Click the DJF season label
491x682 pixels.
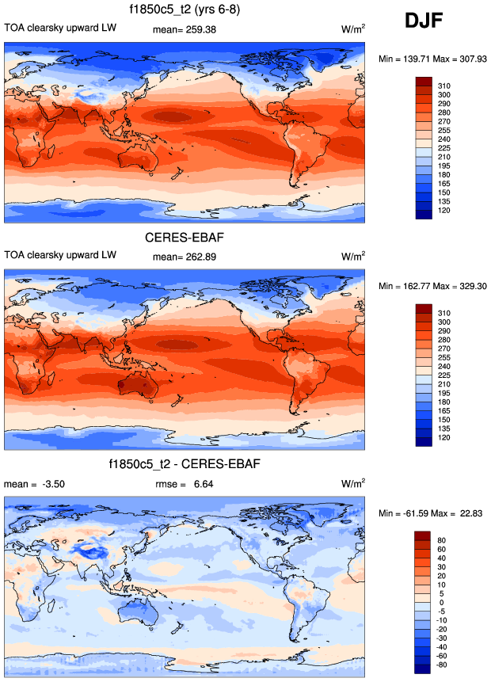click(428, 21)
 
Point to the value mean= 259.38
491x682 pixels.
click(184, 30)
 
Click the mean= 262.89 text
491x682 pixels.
click(184, 257)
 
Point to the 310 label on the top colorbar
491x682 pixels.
click(444, 85)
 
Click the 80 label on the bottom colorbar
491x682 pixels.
click(442, 538)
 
